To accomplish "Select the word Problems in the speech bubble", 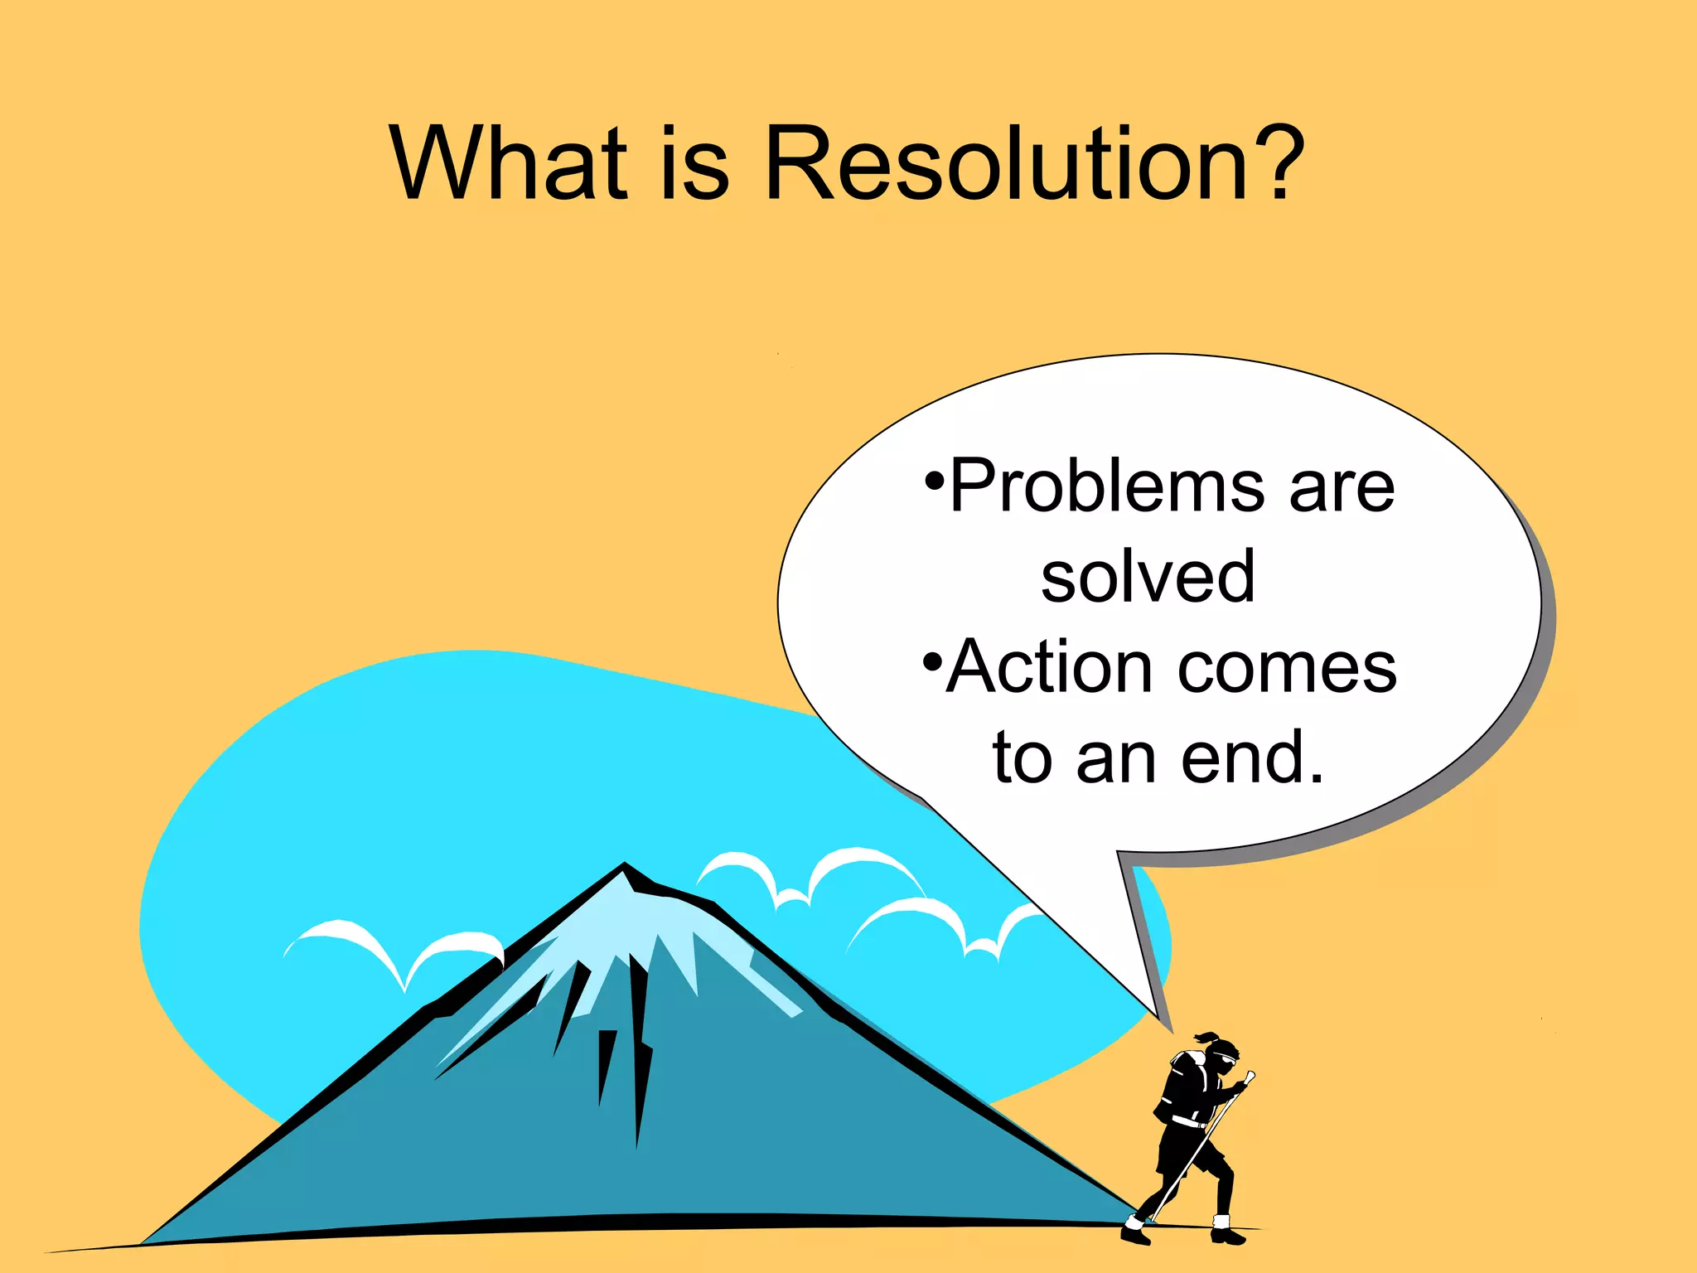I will pos(1107,487).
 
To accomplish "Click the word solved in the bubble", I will pos(1148,578).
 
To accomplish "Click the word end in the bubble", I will pos(1252,758).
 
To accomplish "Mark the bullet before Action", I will pos(932,662).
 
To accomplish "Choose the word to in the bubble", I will pos(1023,758).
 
